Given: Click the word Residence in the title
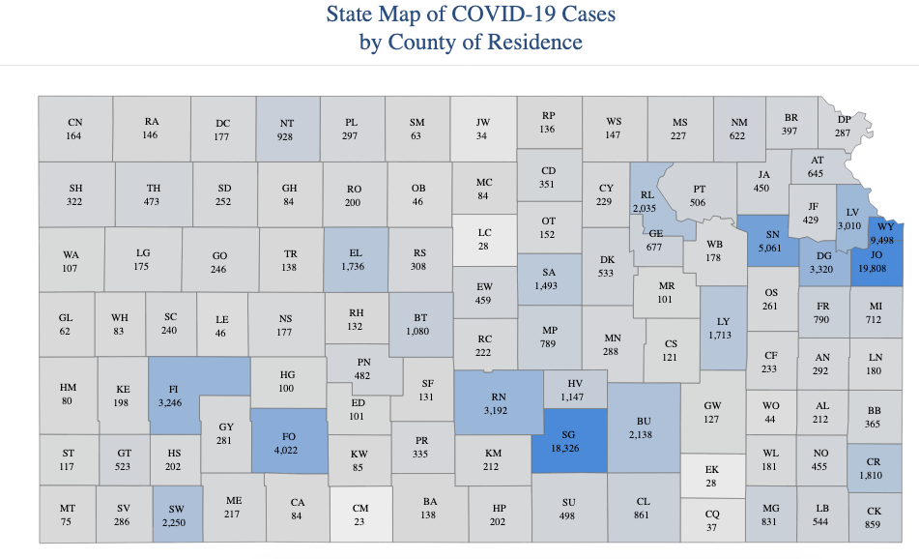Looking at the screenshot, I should (x=529, y=43).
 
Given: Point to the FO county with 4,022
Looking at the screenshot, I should (x=288, y=442).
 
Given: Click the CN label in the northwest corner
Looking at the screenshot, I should (x=74, y=123).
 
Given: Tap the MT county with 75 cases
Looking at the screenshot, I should (x=67, y=514).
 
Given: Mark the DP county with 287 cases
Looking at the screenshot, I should (x=844, y=125).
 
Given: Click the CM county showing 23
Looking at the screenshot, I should (x=360, y=514).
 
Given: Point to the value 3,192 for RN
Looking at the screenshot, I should (x=499, y=409).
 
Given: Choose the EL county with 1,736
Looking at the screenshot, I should (x=355, y=259).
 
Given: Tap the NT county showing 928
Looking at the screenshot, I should (x=287, y=130).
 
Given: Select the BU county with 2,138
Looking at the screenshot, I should (x=644, y=428).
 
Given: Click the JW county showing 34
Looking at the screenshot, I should (x=483, y=129).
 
